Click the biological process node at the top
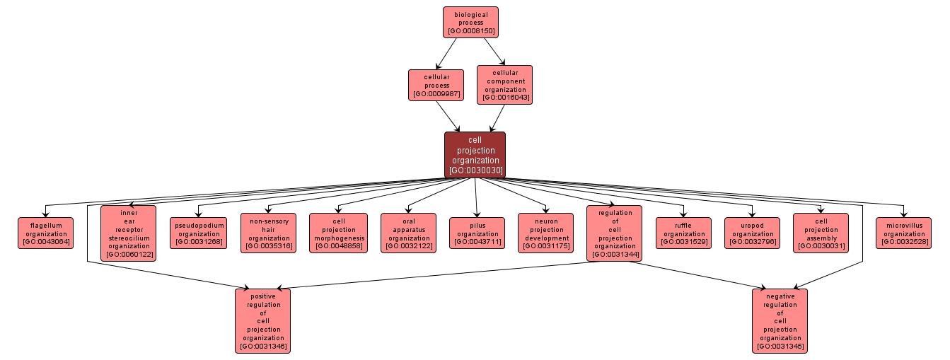coord(470,22)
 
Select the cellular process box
coord(436,84)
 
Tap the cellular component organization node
coord(504,85)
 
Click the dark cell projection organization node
coord(475,154)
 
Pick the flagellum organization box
coord(45,233)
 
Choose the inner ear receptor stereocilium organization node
coord(128,233)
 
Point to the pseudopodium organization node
coord(198,233)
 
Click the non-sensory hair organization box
coord(268,233)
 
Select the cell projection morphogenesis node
coord(338,233)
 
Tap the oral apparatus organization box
coord(408,233)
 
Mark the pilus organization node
coord(477,233)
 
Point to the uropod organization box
coord(753,233)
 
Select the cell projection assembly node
coord(820,233)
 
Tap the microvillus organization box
coord(903,233)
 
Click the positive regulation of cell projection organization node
coord(263,320)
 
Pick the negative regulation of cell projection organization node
coord(780,320)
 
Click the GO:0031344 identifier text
coord(615,255)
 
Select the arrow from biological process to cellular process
coord(447,53)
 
